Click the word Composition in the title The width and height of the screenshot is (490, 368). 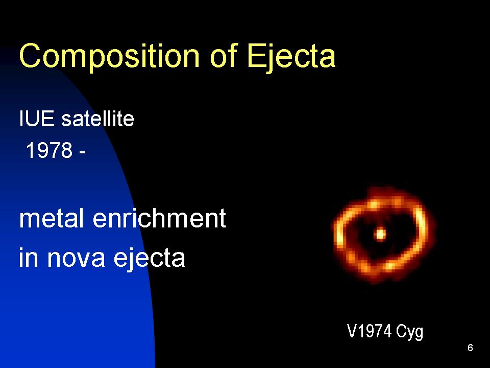point(109,57)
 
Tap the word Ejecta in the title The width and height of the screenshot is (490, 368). point(291,57)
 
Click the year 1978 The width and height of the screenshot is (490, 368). point(50,150)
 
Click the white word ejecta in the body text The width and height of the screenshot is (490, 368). point(150,258)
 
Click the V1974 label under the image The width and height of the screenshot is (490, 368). point(369,331)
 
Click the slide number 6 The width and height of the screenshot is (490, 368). point(470,348)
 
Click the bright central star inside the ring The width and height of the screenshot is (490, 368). point(380,234)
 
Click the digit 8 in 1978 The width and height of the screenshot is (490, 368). point(67,150)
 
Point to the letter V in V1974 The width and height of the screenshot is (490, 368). point(352,331)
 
